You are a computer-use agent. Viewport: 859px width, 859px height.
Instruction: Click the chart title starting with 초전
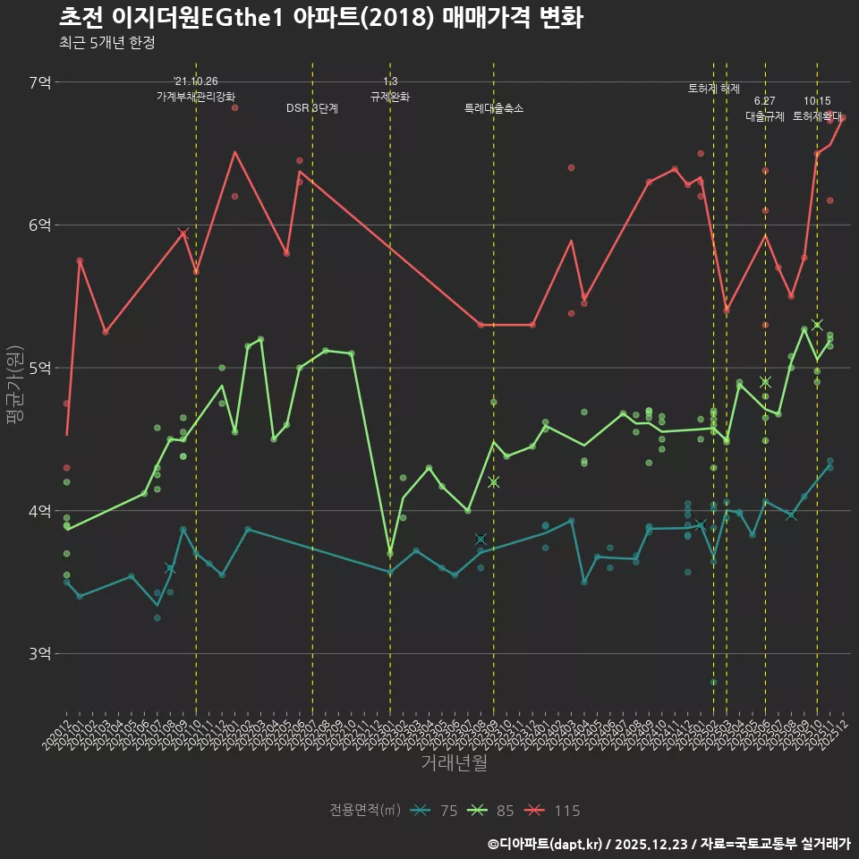pos(321,18)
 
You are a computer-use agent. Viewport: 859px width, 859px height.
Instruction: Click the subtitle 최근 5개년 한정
pos(106,44)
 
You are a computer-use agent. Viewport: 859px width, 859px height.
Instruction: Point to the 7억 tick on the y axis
pos(40,82)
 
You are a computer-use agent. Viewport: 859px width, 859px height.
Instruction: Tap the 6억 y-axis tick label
pos(40,225)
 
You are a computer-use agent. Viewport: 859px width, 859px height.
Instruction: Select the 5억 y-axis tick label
pos(40,368)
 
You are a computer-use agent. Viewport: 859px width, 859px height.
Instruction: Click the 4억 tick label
pos(40,511)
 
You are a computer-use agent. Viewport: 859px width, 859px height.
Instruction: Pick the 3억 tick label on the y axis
pos(40,654)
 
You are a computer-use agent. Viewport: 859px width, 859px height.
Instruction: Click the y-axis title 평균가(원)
pos(13,386)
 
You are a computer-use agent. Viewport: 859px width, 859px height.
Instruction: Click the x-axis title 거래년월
pos(455,763)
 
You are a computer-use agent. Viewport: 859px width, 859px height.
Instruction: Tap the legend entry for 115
pos(552,811)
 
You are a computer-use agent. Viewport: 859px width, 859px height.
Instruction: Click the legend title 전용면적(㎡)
pos(364,811)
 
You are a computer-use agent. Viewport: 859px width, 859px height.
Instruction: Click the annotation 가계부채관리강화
pos(196,96)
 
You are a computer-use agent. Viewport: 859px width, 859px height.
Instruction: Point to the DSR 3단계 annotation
pos(312,108)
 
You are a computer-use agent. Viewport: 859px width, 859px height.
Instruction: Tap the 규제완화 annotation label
pos(390,96)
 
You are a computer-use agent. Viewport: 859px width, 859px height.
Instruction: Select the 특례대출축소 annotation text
pos(494,108)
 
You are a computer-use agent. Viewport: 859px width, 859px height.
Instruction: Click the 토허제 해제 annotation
pos(714,89)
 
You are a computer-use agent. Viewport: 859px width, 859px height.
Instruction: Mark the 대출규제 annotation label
pos(765,116)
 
